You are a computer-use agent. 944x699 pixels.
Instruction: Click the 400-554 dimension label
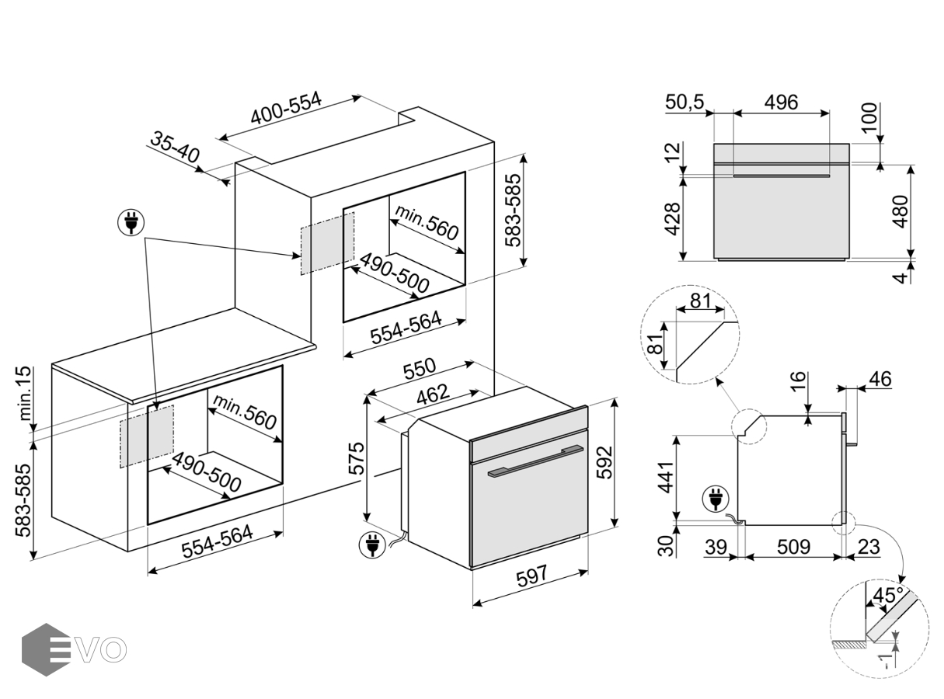(x=286, y=112)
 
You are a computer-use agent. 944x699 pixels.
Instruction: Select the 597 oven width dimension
(x=531, y=575)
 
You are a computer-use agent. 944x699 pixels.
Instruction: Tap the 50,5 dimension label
(x=684, y=102)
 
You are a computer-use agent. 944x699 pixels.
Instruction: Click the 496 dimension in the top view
(x=781, y=102)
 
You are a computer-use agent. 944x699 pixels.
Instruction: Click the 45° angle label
(x=888, y=596)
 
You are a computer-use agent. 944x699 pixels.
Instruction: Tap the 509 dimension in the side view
(x=793, y=547)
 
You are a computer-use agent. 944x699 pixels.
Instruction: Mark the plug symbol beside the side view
(x=714, y=498)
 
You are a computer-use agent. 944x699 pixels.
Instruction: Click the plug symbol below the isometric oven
(x=371, y=544)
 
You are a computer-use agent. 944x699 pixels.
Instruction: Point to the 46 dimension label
(x=879, y=379)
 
